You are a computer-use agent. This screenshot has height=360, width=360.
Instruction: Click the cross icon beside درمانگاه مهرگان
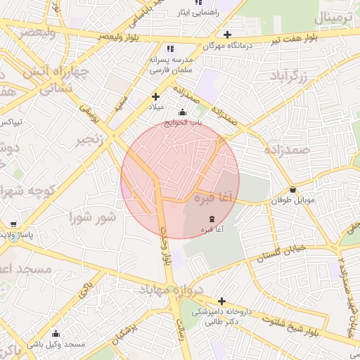226,34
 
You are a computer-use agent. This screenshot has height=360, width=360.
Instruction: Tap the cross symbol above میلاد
156,96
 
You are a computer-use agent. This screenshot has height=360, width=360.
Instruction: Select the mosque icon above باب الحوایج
183,112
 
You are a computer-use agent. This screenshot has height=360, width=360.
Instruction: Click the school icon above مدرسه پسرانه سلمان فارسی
169,49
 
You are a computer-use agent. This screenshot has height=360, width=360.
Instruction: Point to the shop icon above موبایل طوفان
293,189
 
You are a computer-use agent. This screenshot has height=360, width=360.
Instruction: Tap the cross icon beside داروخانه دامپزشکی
221,301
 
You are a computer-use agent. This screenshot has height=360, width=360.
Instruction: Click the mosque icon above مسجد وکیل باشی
56,333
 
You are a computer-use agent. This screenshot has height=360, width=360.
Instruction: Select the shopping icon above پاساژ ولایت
13,225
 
